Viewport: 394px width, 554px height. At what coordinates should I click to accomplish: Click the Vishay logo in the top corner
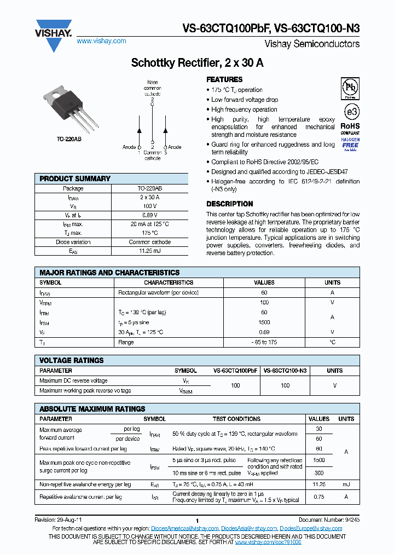tap(53, 34)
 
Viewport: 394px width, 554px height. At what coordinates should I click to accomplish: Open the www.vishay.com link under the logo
tap(101, 41)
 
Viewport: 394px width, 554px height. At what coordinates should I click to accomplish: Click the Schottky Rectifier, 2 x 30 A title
tap(197, 63)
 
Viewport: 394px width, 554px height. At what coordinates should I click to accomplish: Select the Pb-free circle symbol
tap(350, 88)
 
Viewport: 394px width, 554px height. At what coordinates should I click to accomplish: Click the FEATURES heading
tap(224, 79)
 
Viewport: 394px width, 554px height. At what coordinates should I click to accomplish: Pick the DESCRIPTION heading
tap(229, 204)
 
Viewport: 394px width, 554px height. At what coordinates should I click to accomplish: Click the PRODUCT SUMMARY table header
tap(75, 178)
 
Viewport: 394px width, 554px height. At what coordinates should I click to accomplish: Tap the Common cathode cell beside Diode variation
tap(150, 242)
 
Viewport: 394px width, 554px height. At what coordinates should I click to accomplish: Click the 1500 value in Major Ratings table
tap(264, 322)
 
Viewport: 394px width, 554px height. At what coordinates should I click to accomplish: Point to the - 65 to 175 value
tap(264, 342)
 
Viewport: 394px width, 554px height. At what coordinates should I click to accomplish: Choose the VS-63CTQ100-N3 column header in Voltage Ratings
tap(285, 371)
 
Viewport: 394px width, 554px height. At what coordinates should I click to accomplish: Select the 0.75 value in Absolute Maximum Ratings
tap(319, 497)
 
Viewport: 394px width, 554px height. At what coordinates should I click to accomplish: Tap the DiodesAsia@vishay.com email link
tap(248, 528)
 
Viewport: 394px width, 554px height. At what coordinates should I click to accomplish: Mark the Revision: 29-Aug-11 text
tap(59, 519)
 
